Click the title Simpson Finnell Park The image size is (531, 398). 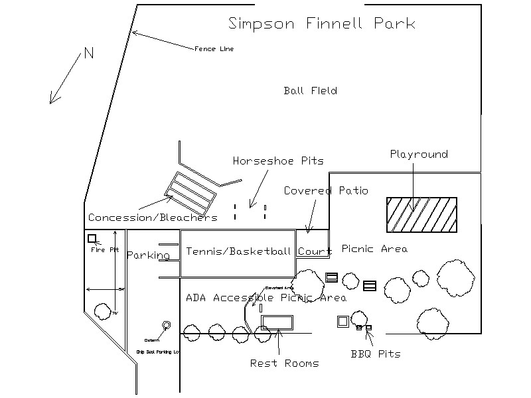322,24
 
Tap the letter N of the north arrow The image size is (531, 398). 88,54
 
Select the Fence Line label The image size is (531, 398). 214,48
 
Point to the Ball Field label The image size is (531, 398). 310,91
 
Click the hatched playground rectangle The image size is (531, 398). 421,215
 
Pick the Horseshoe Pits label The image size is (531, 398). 278,161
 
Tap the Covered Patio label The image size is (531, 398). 325,191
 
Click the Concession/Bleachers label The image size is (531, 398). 153,218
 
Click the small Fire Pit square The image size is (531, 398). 92,238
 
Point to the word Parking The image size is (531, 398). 148,255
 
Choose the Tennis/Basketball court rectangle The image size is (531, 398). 238,253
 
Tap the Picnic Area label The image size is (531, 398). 374,249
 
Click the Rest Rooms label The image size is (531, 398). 284,363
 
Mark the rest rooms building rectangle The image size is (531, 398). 277,322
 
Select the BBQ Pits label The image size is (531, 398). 376,354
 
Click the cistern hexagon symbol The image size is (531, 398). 166,325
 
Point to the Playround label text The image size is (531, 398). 418,155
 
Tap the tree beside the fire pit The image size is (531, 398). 102,310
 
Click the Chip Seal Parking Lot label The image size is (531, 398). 158,352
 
